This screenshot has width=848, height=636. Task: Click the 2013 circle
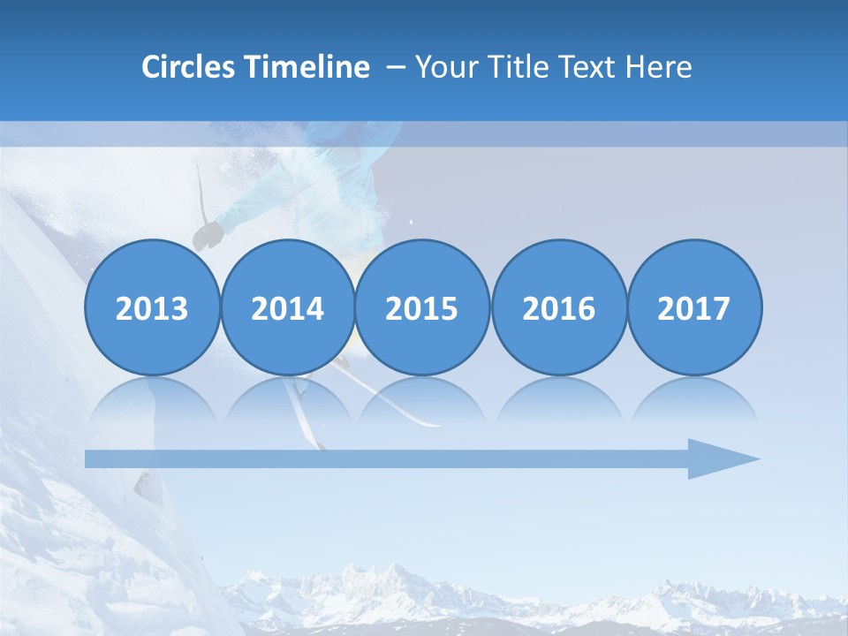(152, 308)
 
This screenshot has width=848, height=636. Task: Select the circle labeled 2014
(287, 308)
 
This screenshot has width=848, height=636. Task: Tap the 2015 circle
(422, 308)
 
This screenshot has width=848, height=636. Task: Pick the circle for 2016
(558, 308)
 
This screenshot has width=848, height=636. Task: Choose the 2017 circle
(694, 308)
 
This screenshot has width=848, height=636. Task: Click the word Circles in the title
(186, 67)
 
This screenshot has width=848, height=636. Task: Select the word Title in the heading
(512, 67)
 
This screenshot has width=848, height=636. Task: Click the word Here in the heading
(659, 67)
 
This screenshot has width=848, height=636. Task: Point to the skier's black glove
(208, 235)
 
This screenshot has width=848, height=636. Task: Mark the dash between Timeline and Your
(397, 68)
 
